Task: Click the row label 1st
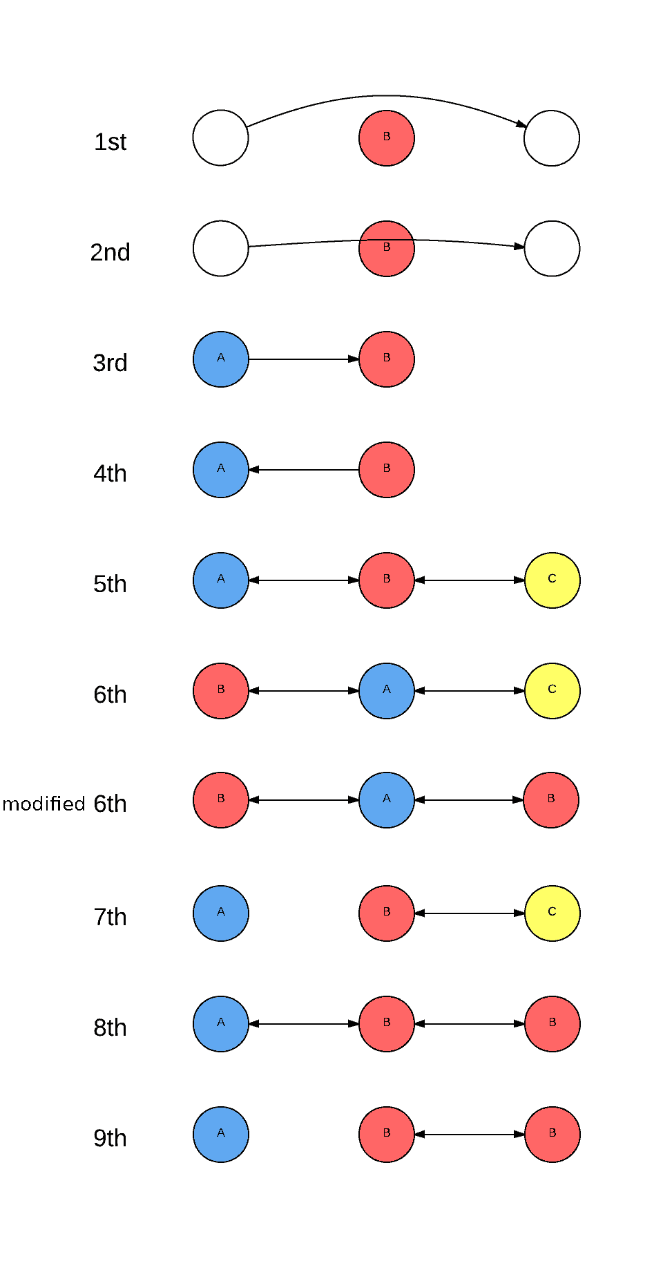[x=110, y=142]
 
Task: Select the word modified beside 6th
[x=44, y=804]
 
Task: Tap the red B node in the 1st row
[x=386, y=138]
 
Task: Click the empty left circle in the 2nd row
[x=220, y=248]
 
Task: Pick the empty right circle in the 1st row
[x=551, y=138]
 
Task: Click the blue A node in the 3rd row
[x=220, y=359]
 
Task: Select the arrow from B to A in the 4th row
[x=304, y=470]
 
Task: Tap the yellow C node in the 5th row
[x=552, y=580]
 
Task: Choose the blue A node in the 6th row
[x=386, y=690]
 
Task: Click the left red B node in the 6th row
[x=220, y=690]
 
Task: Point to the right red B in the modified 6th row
[x=550, y=799]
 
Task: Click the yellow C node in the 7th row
[x=552, y=913]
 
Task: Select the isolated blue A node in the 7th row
[x=220, y=913]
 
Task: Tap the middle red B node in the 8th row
[x=386, y=1023]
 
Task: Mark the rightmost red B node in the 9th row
[x=552, y=1134]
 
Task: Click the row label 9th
[x=110, y=1138]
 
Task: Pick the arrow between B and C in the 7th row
[x=470, y=913]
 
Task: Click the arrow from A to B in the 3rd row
[x=304, y=359]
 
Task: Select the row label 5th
[x=110, y=584]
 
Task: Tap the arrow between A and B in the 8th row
[x=304, y=1024]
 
